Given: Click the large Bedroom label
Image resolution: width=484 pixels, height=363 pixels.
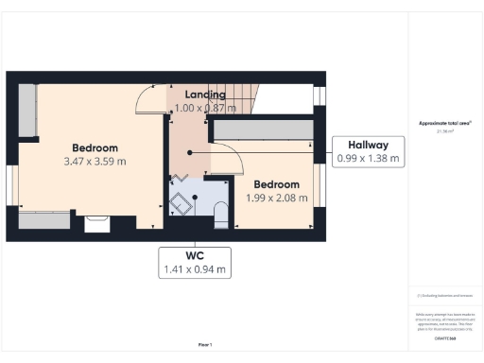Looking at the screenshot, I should pyautogui.click(x=95, y=148).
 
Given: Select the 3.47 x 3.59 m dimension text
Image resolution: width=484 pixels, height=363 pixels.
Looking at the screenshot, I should pyautogui.click(x=95, y=162).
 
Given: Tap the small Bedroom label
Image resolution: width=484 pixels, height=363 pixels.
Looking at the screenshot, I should pyautogui.click(x=276, y=184).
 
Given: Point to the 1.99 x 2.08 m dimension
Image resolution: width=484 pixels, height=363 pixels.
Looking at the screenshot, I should pyautogui.click(x=276, y=197).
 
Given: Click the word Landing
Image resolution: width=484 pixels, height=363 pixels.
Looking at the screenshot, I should pyautogui.click(x=204, y=95).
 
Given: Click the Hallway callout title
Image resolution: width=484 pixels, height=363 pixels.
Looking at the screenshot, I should pyautogui.click(x=368, y=145).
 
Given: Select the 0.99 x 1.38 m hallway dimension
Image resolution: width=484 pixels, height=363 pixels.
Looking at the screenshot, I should pyautogui.click(x=368, y=159).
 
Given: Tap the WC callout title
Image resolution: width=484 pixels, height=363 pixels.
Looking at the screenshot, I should pyautogui.click(x=195, y=255).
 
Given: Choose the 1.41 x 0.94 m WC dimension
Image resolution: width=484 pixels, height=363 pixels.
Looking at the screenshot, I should pyautogui.click(x=195, y=269).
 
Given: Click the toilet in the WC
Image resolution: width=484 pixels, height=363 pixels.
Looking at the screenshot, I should pyautogui.click(x=219, y=214).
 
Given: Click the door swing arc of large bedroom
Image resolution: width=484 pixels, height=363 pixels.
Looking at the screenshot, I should pyautogui.click(x=147, y=97).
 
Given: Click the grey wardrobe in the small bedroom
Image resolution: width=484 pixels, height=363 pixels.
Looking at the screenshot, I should pyautogui.click(x=264, y=130).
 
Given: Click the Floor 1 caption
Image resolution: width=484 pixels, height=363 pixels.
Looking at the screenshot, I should pyautogui.click(x=204, y=344).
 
